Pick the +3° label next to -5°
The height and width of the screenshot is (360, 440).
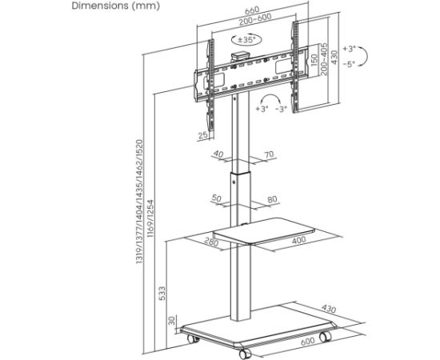tap(349, 49)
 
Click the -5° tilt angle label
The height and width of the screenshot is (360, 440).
tap(349, 64)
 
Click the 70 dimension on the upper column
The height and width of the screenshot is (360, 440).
tap(268, 154)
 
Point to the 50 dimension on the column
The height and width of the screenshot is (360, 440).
tap(216, 198)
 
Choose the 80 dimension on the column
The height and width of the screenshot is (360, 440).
tap(271, 198)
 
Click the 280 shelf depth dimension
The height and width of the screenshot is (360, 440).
tap(211, 242)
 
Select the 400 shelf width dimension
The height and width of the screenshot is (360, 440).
tap(298, 240)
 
